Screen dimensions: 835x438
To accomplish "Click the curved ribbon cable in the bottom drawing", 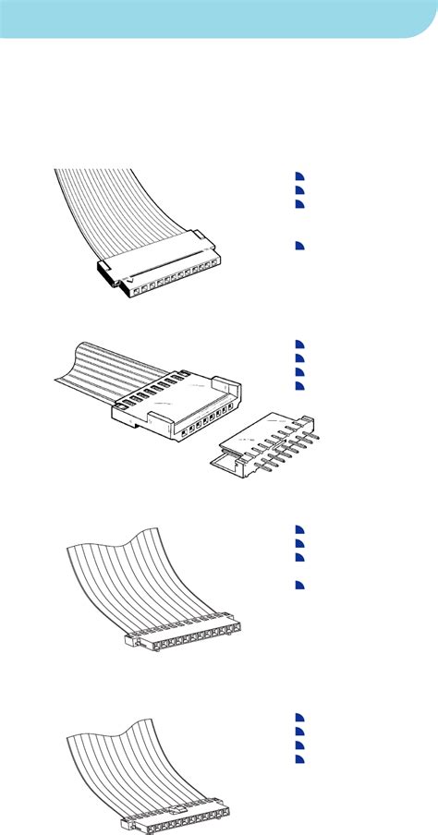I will click(x=129, y=757).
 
